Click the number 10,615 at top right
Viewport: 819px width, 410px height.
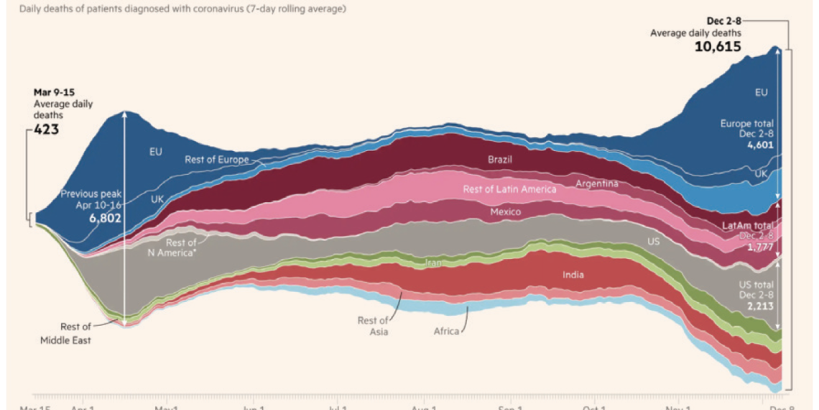click(x=718, y=47)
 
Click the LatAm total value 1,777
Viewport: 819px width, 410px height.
click(x=760, y=247)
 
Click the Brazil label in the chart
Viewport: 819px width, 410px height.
click(x=500, y=159)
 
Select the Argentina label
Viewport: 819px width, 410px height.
click(x=596, y=183)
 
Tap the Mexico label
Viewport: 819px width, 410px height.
click(x=505, y=212)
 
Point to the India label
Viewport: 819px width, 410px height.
click(x=573, y=275)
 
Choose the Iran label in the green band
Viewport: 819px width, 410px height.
click(x=433, y=263)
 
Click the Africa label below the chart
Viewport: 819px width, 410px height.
click(x=446, y=332)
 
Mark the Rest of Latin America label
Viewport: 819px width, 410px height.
click(x=509, y=189)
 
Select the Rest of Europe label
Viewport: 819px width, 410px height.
click(x=217, y=159)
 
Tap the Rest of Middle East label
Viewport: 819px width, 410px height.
click(x=65, y=334)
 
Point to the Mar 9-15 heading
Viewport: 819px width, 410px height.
click(x=54, y=92)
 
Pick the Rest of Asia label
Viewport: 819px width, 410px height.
click(x=373, y=326)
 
